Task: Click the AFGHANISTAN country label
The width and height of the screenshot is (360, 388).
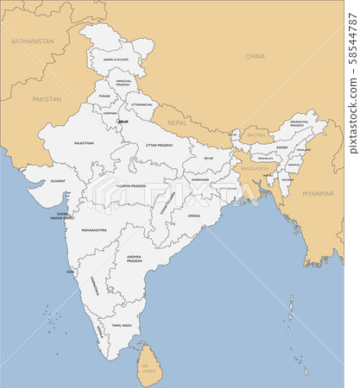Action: tap(33, 41)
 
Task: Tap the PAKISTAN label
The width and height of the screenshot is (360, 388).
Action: tap(47, 99)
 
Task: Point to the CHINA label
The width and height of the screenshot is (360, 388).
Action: tap(255, 56)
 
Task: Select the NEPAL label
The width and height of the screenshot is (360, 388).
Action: tap(176, 123)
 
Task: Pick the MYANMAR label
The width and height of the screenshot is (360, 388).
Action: tap(318, 194)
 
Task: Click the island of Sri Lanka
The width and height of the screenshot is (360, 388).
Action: tap(149, 360)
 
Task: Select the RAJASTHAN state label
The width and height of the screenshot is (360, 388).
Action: tap(84, 143)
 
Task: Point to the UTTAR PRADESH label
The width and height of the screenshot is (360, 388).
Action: tap(159, 146)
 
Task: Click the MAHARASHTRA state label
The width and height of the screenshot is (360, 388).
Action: tap(94, 230)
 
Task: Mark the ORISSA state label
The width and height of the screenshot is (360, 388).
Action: tap(194, 215)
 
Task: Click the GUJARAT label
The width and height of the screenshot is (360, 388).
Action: tap(58, 181)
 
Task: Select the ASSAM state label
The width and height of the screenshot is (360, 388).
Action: tap(281, 147)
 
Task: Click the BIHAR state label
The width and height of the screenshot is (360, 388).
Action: tap(208, 159)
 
